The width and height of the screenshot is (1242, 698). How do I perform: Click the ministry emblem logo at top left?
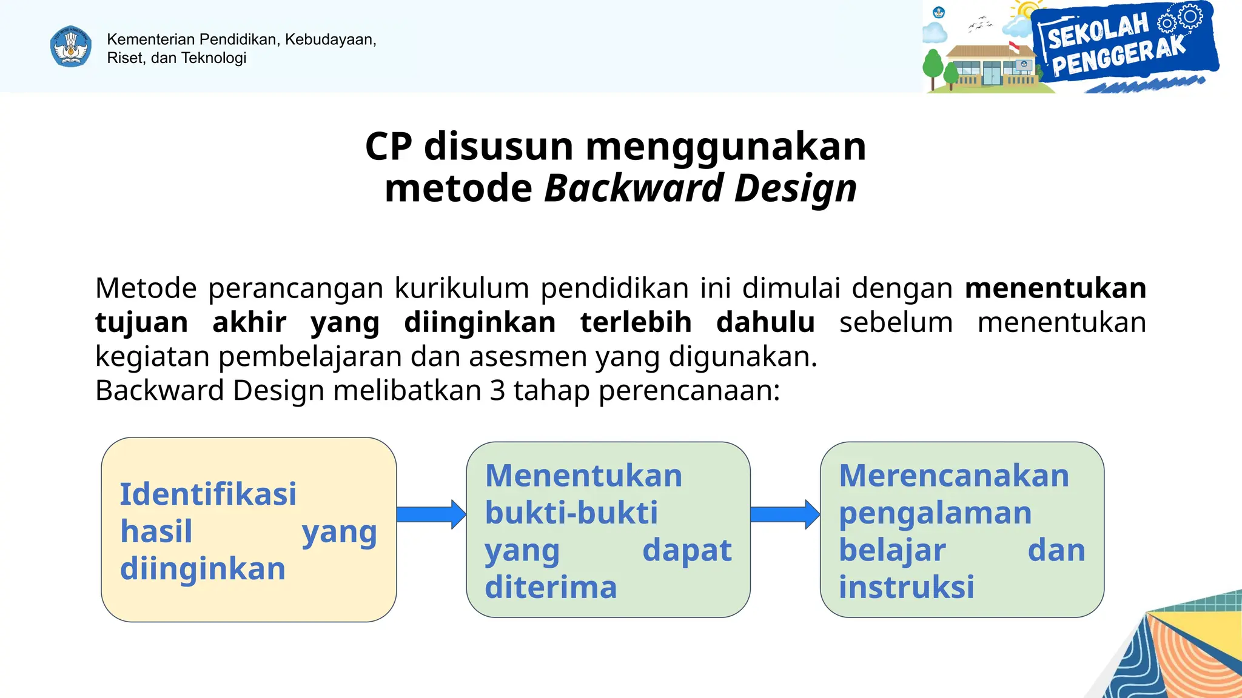click(x=71, y=46)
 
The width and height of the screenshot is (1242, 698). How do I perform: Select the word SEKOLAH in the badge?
click(x=1098, y=31)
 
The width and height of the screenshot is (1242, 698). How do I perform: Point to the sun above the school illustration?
click(x=1027, y=11)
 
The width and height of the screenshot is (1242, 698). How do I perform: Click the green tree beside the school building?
click(x=933, y=65)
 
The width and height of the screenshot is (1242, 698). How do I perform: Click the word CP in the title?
click(x=388, y=147)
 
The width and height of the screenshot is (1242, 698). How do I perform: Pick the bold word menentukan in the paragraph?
click(x=1055, y=288)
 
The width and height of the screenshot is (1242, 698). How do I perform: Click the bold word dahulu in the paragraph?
click(x=765, y=322)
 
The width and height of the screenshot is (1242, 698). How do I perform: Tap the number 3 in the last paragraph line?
click(x=497, y=391)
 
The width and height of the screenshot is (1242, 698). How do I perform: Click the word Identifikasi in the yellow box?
click(x=208, y=494)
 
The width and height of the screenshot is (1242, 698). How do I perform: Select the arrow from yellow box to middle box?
click(x=431, y=514)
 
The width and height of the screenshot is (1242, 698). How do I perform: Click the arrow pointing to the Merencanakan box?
click(x=785, y=514)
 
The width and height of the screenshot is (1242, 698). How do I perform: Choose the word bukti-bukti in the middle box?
click(x=571, y=513)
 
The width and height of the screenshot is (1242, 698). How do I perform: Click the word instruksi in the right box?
click(x=906, y=587)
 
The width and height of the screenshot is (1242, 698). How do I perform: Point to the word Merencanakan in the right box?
click(x=953, y=476)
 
